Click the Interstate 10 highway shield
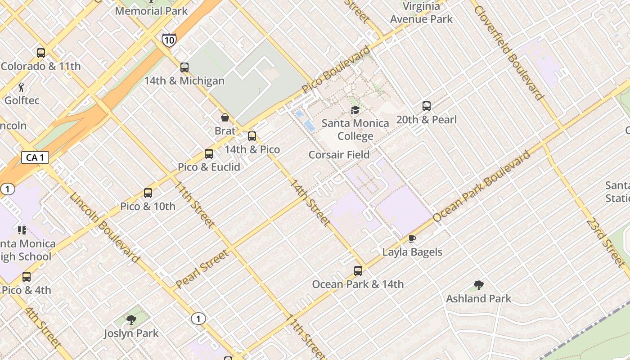tap(169, 40)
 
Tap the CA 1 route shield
tap(35, 157)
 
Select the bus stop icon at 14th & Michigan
tap(184, 67)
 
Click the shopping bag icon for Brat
tap(225, 118)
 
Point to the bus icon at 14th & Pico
tap(252, 136)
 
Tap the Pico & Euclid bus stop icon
tap(209, 154)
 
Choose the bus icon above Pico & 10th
tap(148, 193)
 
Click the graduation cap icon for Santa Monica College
tap(355, 110)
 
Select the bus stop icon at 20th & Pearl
tap(427, 107)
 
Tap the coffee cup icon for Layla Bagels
tap(412, 239)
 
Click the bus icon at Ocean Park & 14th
tap(358, 271)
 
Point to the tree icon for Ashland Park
tap(479, 285)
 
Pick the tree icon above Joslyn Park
tap(131, 320)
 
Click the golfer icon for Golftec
tap(22, 87)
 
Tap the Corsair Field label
tap(339, 155)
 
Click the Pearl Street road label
tap(202, 269)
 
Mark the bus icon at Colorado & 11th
tap(41, 53)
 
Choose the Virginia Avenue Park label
tap(421, 13)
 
